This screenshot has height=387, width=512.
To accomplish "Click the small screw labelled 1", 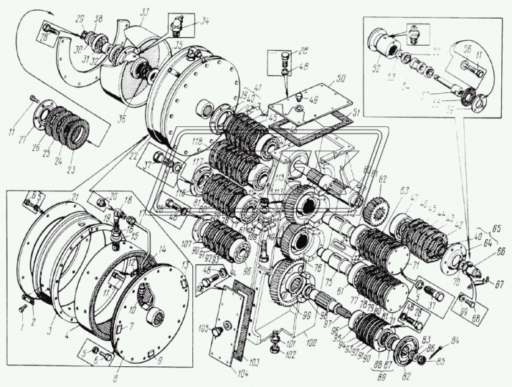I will click(22, 307).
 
